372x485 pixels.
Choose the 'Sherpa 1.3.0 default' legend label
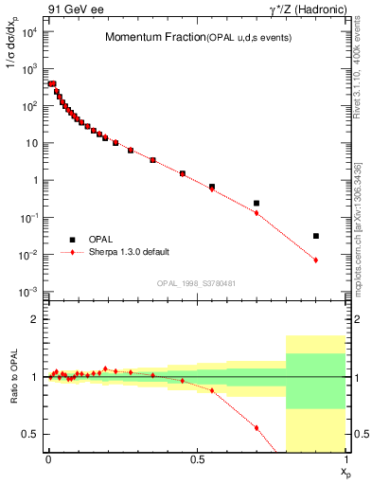coord(129,253)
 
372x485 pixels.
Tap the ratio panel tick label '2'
coord(35,320)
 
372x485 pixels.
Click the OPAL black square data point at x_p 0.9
coord(316,236)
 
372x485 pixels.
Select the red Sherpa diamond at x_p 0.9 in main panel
coord(316,260)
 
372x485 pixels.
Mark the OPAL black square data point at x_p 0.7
coord(257,203)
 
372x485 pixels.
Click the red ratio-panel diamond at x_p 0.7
coord(257,427)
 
